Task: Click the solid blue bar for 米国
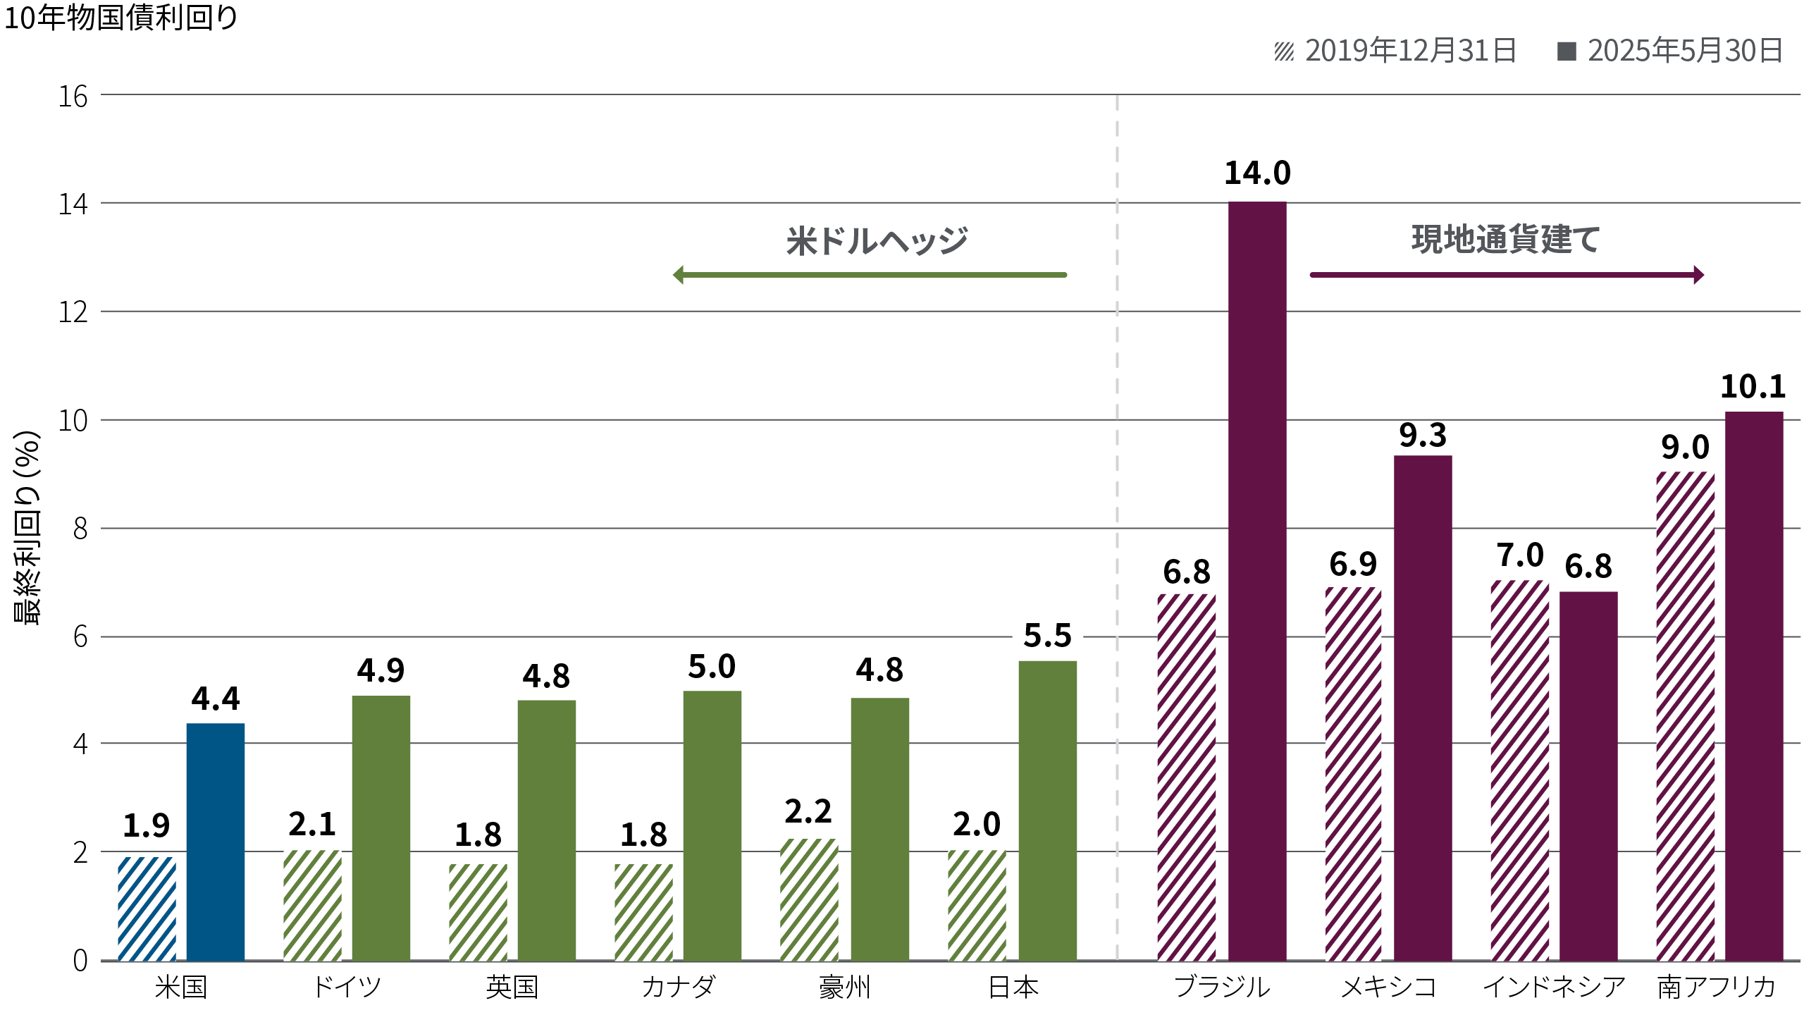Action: point(216,842)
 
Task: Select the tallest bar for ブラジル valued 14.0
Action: point(1257,581)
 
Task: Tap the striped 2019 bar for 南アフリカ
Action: point(1685,715)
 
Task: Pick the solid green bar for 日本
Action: point(1047,811)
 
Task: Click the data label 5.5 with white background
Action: point(1047,637)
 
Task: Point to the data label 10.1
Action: point(1753,387)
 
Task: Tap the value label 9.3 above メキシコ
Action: point(1422,436)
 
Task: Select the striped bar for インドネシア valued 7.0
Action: point(1519,770)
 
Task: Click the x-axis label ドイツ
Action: point(346,987)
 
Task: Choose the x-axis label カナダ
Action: point(678,987)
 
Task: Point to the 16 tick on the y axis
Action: point(73,97)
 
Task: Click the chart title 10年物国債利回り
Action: point(121,18)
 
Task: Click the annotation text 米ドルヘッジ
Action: point(877,241)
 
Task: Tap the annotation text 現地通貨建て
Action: point(1505,240)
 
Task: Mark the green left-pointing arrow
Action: point(870,274)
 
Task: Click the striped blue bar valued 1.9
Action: point(147,909)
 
